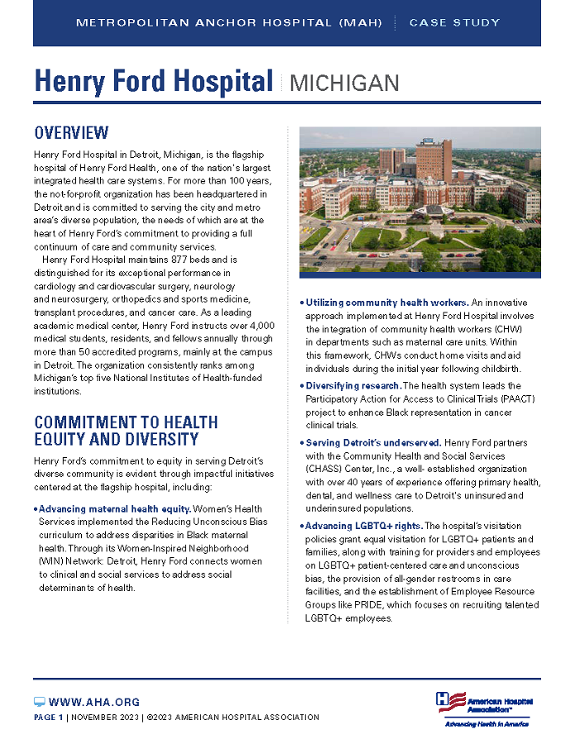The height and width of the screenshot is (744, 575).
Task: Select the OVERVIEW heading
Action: point(71,133)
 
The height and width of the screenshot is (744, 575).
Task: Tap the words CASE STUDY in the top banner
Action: point(454,22)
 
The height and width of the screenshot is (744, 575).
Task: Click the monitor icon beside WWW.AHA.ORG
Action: point(39,702)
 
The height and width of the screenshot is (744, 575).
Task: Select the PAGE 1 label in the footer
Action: point(48,718)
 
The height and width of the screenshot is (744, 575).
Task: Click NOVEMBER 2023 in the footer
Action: point(104,718)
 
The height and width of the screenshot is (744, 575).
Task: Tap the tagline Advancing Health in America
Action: point(486,724)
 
